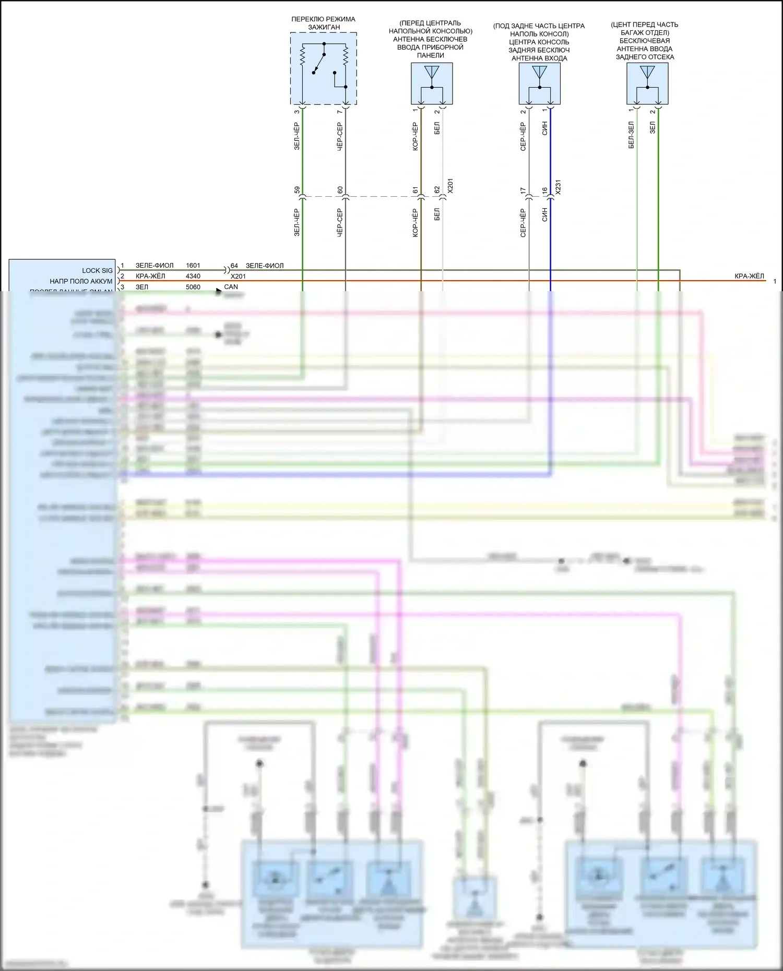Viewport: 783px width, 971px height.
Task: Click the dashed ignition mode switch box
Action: point(324,68)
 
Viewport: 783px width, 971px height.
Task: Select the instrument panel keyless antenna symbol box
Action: point(432,83)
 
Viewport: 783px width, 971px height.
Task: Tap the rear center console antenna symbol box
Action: point(540,83)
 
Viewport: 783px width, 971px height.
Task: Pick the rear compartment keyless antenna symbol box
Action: point(647,83)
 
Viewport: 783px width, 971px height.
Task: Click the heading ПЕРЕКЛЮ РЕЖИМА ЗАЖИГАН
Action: point(324,23)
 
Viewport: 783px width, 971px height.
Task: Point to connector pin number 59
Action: point(297,190)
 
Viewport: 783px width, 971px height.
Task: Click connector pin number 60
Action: point(340,190)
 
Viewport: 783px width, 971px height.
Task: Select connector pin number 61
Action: point(416,190)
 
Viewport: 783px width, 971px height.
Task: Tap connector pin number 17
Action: point(523,191)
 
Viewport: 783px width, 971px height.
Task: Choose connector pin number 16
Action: point(544,191)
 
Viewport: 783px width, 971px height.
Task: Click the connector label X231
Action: point(558,187)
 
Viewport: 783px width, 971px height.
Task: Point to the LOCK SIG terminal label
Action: point(97,270)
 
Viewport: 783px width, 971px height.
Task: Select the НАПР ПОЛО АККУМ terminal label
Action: point(81,281)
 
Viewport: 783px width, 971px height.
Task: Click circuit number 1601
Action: point(193,266)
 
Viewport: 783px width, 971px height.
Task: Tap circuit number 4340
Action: point(193,276)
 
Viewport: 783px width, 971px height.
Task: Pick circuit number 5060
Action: point(193,287)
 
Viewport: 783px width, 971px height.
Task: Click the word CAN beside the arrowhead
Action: point(231,287)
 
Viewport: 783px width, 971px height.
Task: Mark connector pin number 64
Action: point(234,266)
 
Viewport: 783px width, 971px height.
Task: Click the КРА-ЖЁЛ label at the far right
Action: point(749,276)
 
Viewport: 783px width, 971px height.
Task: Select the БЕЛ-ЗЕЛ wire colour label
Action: point(631,136)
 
